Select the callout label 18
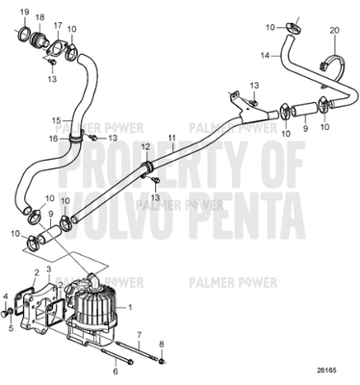tap(39, 18)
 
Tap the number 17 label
tap(57, 26)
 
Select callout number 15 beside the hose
tap(55, 120)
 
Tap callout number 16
tap(56, 139)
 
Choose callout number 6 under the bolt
tap(116, 369)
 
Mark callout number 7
tap(139, 332)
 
